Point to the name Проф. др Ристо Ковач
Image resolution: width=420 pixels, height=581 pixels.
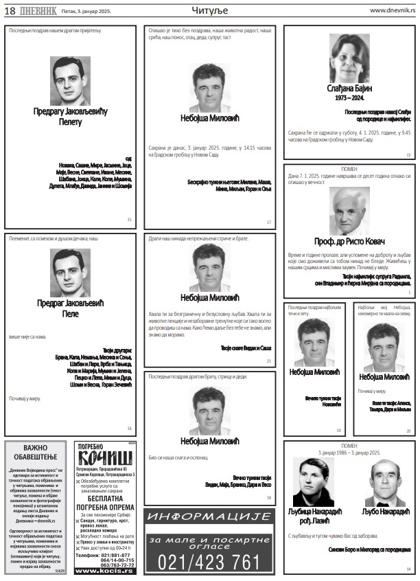(349, 242)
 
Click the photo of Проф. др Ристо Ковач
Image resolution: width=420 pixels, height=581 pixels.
(349, 211)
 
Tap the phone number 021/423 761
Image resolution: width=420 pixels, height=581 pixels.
(209, 562)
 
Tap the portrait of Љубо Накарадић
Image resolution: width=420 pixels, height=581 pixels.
(385, 482)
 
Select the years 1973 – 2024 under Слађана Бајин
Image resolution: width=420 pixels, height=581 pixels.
(349, 98)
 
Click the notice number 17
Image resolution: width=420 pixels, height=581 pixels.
(269, 222)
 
